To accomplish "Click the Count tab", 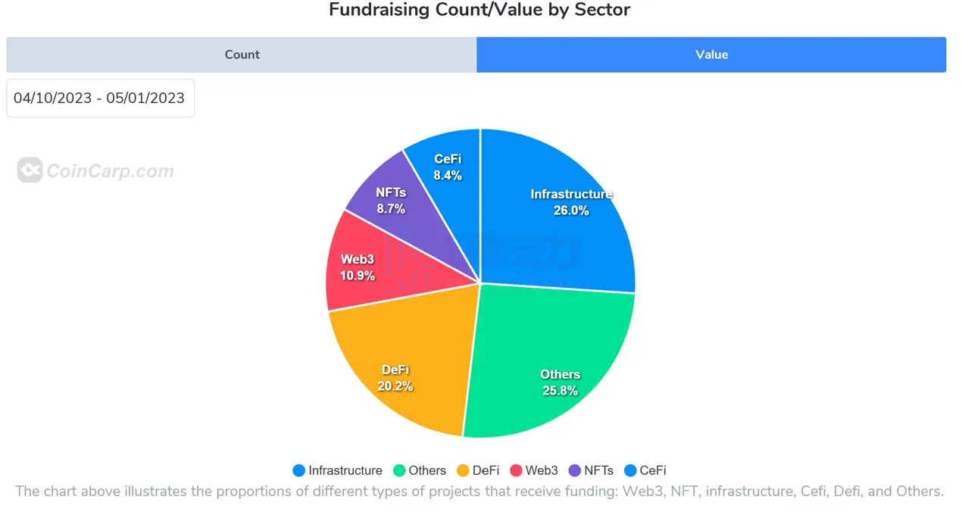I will (242, 55).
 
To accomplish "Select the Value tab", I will (711, 55).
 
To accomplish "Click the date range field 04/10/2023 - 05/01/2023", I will (100, 98).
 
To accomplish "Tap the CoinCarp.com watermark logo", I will (95, 170).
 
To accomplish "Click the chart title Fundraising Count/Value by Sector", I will (479, 10).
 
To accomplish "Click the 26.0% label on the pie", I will (571, 211).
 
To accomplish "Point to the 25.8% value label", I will (560, 391).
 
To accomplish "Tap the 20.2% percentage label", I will (395, 386).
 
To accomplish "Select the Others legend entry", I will (419, 470).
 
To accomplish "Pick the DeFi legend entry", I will (477, 470).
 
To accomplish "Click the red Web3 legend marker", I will (517, 470).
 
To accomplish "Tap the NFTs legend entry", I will (590, 470).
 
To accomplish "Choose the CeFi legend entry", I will (645, 470).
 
